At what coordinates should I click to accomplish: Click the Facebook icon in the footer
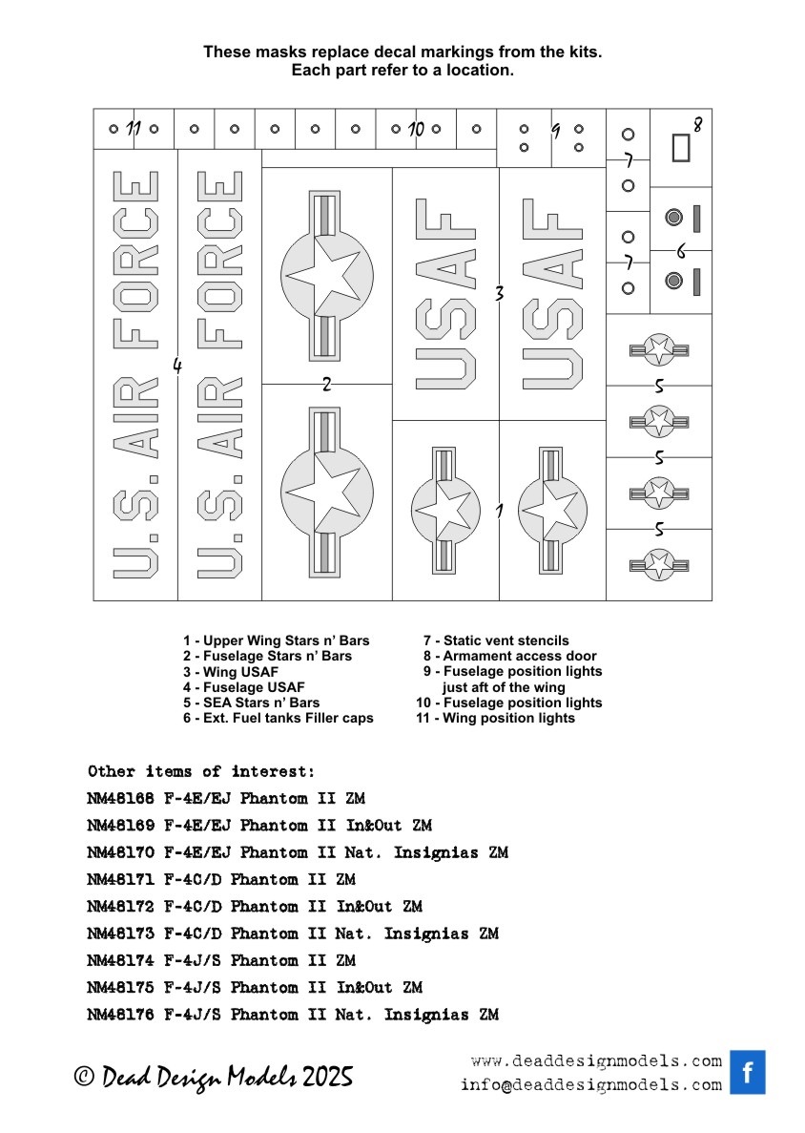click(x=747, y=1072)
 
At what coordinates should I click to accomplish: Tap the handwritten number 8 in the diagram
click(x=697, y=124)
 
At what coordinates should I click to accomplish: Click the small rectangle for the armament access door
click(x=680, y=147)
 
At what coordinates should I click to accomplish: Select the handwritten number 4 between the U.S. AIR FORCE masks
click(x=177, y=365)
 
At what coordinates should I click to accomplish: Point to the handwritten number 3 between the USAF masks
click(x=499, y=294)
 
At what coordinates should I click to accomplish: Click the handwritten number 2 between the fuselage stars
click(x=326, y=385)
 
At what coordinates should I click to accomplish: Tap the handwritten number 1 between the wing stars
click(x=499, y=511)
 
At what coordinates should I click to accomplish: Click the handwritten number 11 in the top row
click(x=134, y=128)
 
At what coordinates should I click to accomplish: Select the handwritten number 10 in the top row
click(x=415, y=128)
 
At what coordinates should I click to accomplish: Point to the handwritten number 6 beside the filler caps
click(x=681, y=251)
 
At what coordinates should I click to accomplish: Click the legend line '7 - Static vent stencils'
click(x=496, y=640)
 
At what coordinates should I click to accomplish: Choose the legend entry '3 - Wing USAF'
click(x=231, y=672)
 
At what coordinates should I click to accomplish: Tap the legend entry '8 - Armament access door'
click(x=510, y=656)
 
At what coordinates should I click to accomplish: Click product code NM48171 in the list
click(x=121, y=879)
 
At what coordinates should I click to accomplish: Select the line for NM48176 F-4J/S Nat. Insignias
click(x=292, y=1015)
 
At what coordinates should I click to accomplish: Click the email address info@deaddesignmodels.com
click(x=590, y=1085)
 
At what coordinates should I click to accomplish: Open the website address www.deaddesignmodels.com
click(x=596, y=1061)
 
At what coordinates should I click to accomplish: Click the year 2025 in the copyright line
click(x=328, y=1078)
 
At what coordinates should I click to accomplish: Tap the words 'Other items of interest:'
click(x=200, y=771)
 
